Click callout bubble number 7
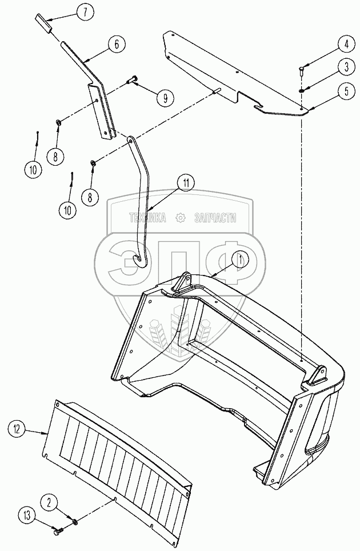85,13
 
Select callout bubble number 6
117,44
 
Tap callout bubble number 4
346,44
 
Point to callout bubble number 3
346,67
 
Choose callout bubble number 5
346,91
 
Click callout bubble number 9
165,98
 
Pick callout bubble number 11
186,183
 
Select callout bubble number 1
240,260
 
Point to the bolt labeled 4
302,71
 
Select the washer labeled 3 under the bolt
302,91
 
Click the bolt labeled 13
58,532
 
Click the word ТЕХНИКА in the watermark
147,218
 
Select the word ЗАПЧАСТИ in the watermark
215,218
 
